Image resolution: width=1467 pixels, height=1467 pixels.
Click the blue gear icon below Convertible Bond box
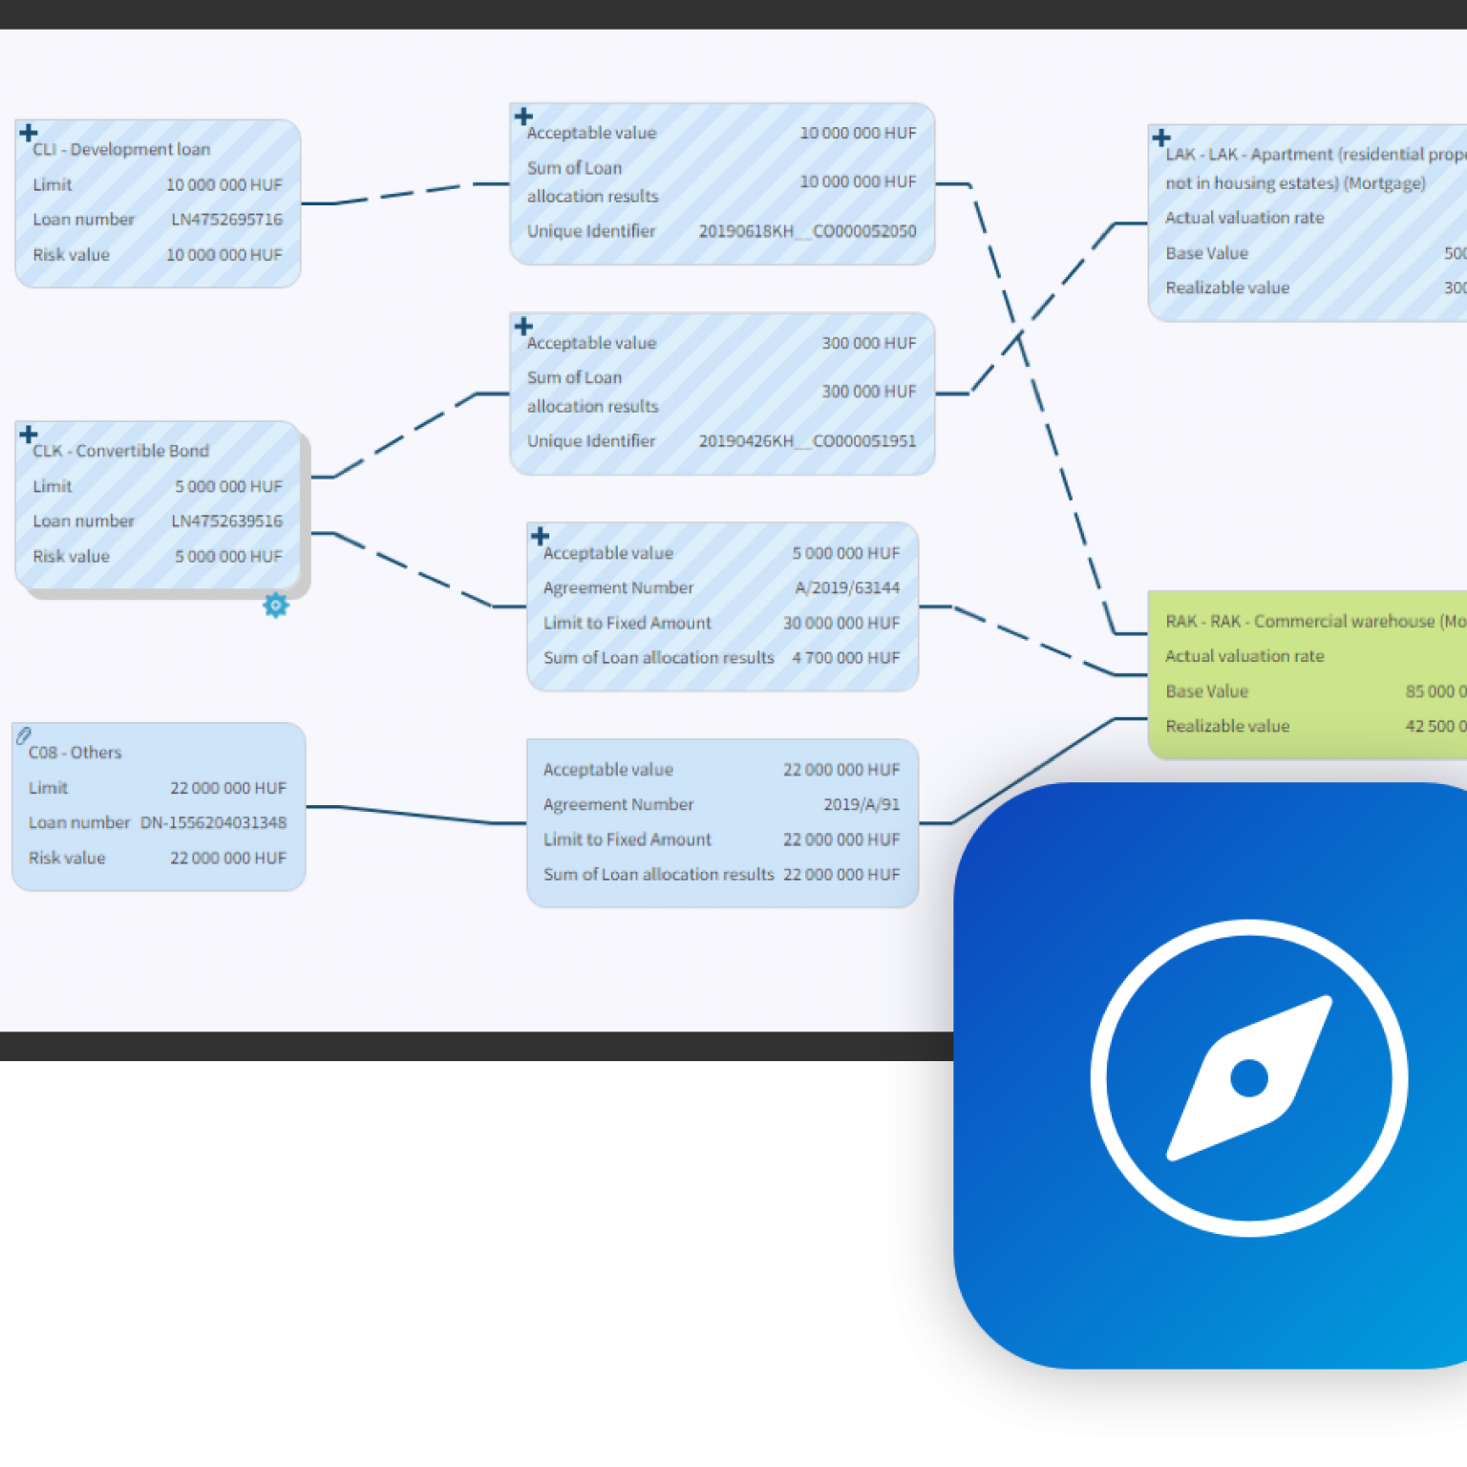coord(275,605)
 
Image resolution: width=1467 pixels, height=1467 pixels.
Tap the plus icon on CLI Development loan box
coord(29,133)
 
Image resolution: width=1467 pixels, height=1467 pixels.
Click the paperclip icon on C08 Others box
coord(24,735)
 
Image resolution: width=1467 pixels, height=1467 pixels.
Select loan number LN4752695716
coord(226,220)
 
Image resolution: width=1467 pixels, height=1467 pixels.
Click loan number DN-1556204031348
coord(213,822)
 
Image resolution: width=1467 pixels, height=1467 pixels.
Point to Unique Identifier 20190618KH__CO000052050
coord(807,231)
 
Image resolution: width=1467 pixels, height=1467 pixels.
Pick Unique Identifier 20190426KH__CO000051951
coord(807,441)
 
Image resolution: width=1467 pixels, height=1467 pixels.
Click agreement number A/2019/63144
coord(847,588)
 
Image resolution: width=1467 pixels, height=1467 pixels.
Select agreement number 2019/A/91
coord(861,804)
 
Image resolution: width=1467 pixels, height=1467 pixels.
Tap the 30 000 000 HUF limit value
coord(841,623)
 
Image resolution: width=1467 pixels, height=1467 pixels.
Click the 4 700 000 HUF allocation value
coord(845,658)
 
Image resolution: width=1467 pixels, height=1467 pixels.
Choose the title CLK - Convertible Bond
coord(120,451)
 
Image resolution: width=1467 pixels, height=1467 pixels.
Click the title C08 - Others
coord(75,753)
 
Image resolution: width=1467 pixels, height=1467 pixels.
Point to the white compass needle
coord(1249,1078)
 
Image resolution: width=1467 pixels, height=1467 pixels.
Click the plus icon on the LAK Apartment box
coord(1161,138)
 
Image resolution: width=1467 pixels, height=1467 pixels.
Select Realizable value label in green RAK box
coord(1227,726)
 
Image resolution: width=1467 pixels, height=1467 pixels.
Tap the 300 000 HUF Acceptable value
coord(868,343)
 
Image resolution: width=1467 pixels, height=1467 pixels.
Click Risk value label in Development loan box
coord(72,255)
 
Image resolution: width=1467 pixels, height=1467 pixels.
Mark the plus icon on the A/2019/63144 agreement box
coord(540,536)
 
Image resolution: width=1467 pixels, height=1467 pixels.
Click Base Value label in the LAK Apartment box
coord(1206,253)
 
